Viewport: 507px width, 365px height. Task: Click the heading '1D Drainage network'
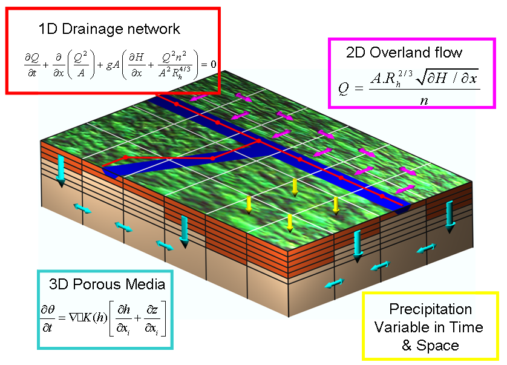point(109,28)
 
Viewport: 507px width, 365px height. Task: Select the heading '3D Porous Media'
point(107,284)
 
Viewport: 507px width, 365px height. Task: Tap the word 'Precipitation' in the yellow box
point(430,309)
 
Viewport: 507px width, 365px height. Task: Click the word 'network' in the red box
point(149,28)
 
